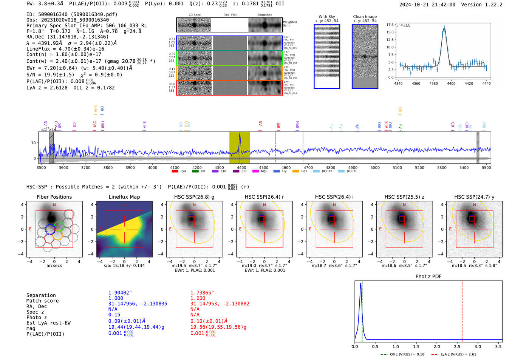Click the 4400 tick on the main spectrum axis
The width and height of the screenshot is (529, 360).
241,167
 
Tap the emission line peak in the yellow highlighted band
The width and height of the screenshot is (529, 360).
240,134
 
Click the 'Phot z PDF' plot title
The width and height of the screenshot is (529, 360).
428,277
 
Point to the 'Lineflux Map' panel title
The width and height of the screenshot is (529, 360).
124,197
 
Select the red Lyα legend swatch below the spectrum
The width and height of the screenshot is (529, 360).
175,172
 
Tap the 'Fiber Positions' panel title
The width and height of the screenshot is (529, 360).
54,197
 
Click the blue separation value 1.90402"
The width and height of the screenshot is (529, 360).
120,293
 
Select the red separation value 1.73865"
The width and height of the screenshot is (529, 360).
202,293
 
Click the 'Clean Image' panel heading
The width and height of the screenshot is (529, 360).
365,17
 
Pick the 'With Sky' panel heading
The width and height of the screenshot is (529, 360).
327,17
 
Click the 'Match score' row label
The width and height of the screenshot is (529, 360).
42,301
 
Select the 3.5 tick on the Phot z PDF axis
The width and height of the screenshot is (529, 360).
498,346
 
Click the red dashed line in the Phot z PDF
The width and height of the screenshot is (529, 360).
462,310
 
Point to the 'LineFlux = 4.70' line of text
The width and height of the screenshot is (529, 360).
65,49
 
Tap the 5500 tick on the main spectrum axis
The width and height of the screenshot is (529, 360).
486,167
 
